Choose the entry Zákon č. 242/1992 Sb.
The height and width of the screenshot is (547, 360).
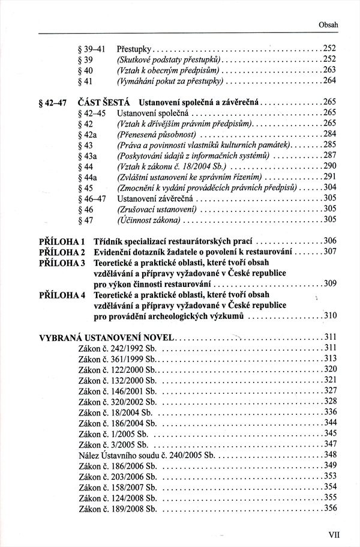117,348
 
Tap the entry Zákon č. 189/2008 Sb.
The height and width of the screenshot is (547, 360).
117,508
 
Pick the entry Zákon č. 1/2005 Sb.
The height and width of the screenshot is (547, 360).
113,433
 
